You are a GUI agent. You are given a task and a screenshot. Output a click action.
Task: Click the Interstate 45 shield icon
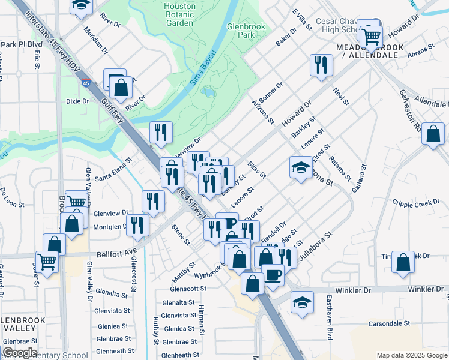tap(88, 85)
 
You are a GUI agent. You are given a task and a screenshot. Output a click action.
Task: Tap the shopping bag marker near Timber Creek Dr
tap(403, 262)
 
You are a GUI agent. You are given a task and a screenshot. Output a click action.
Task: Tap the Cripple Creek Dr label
tap(415, 204)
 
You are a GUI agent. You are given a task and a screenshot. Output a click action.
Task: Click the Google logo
tap(19, 353)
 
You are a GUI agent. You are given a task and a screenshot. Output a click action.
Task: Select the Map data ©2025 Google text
tap(412, 355)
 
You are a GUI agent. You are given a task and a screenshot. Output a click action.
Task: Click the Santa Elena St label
tap(113, 161)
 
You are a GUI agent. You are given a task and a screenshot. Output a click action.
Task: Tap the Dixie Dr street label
tap(77, 101)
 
